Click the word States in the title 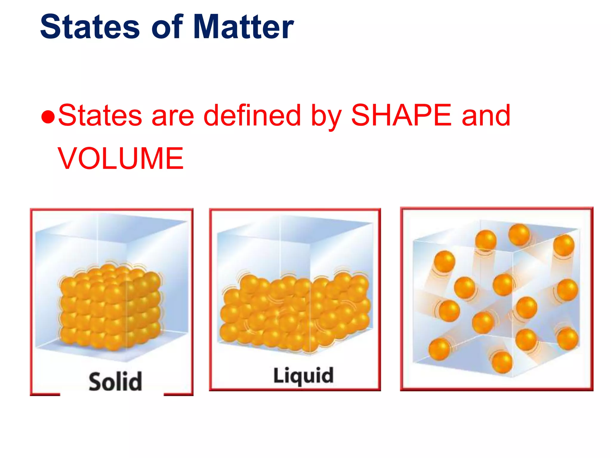pyautogui.click(x=90, y=27)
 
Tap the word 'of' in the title pyautogui.click(x=167, y=27)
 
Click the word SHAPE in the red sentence pyautogui.click(x=401, y=115)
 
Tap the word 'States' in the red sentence pyautogui.click(x=100, y=115)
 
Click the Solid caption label pyautogui.click(x=115, y=381)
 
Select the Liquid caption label pyautogui.click(x=303, y=375)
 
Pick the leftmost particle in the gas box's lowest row pyautogui.click(x=439, y=349)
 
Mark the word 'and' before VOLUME pyautogui.click(x=486, y=115)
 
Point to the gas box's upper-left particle pyautogui.click(x=445, y=261)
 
